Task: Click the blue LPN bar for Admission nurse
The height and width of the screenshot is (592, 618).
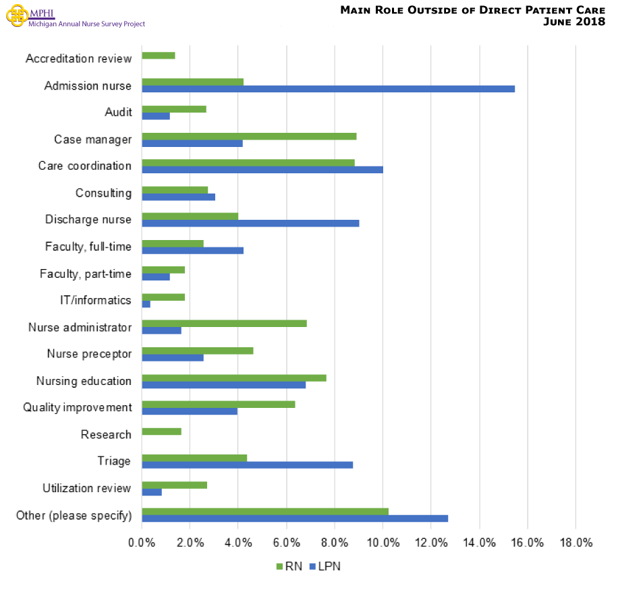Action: click(x=328, y=89)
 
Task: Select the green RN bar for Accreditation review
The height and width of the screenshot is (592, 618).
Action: click(x=159, y=55)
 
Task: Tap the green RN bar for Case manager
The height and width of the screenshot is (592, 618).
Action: click(x=249, y=136)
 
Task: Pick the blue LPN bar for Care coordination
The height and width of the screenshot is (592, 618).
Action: click(x=262, y=169)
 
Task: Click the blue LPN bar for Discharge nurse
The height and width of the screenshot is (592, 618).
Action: click(x=250, y=223)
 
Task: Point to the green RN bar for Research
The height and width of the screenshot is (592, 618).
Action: click(x=161, y=431)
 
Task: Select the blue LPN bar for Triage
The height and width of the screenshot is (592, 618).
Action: click(x=247, y=465)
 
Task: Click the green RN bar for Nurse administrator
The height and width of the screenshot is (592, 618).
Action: click(x=224, y=324)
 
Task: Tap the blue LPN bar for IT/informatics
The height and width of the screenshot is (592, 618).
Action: click(x=146, y=304)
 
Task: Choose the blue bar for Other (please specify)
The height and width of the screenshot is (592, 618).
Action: click(x=295, y=519)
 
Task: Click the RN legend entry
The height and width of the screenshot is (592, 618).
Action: click(x=289, y=566)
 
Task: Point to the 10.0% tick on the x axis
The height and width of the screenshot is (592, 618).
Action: click(x=383, y=543)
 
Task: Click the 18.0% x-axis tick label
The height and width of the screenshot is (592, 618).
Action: click(x=575, y=543)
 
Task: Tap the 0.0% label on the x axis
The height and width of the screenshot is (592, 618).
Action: click(x=142, y=543)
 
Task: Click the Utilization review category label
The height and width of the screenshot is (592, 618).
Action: click(x=86, y=488)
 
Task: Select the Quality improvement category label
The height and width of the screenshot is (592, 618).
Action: click(x=77, y=407)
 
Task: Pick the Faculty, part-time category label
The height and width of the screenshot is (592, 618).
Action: click(x=85, y=273)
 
